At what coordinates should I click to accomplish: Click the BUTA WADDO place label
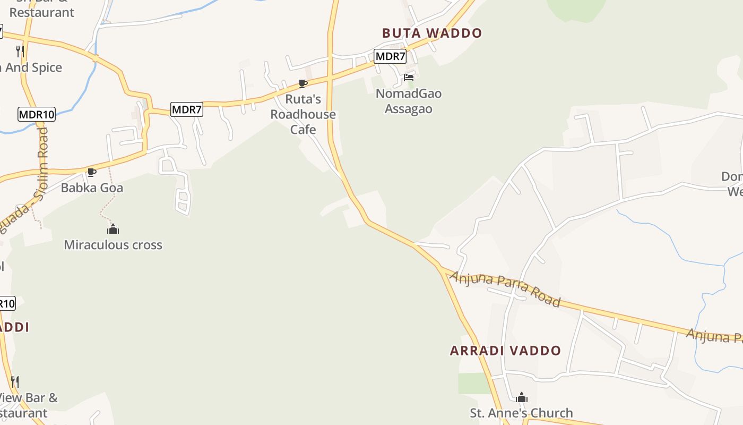[431, 33]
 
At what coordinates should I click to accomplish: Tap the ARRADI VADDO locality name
[505, 351]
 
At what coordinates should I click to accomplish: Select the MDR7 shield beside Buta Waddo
[390, 56]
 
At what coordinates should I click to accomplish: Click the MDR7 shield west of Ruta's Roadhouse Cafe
[187, 109]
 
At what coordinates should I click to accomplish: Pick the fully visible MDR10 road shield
[37, 114]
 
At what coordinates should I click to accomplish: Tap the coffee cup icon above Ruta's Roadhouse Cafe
[303, 83]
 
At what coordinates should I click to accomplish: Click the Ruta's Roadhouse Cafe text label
[303, 114]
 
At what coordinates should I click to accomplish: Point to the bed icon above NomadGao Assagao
[409, 78]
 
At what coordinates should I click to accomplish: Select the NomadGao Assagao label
[409, 101]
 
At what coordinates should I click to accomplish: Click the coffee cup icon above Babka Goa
[92, 172]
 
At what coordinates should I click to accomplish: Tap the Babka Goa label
[92, 188]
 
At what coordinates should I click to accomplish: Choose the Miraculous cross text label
[113, 245]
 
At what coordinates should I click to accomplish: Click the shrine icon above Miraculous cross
[113, 229]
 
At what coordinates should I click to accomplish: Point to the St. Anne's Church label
[521, 413]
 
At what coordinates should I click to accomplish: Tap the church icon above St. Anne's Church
[522, 397]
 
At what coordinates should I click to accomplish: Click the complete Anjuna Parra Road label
[505, 289]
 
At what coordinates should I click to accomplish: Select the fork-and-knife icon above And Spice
[20, 51]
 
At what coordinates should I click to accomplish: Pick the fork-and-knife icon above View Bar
[15, 382]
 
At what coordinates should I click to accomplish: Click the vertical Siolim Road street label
[42, 159]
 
